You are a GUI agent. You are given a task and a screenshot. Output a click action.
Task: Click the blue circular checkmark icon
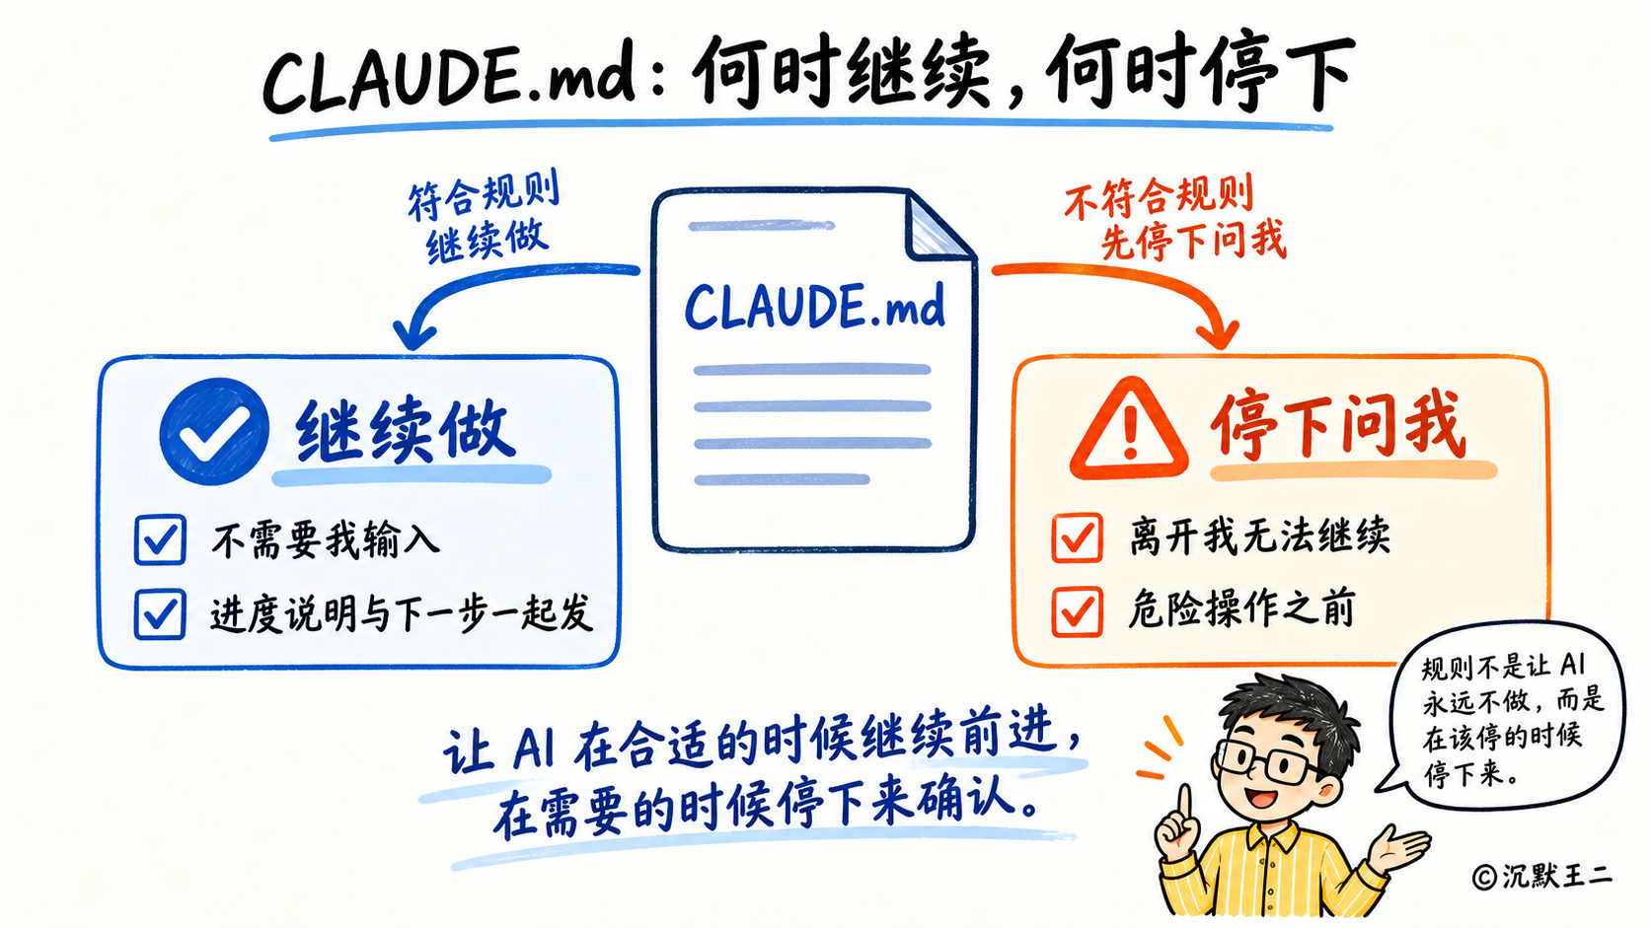pyautogui.click(x=214, y=431)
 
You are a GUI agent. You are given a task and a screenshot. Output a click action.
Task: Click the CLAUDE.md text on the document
pyautogui.click(x=814, y=307)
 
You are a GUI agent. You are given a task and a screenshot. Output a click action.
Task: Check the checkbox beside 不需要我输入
pyautogui.click(x=161, y=539)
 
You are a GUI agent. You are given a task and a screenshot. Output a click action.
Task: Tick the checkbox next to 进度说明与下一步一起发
pyautogui.click(x=160, y=613)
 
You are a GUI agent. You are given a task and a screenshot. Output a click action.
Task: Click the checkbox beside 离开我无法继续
pyautogui.click(x=1077, y=537)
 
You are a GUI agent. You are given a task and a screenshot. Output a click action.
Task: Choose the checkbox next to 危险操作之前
pyautogui.click(x=1077, y=610)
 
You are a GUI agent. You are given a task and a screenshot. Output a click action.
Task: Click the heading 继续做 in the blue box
pyautogui.click(x=405, y=431)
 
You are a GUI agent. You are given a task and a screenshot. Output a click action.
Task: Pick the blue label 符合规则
pyautogui.click(x=484, y=195)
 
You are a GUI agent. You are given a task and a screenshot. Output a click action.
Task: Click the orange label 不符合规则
pyautogui.click(x=1159, y=196)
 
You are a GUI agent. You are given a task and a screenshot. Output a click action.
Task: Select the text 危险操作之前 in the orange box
pyautogui.click(x=1241, y=609)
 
